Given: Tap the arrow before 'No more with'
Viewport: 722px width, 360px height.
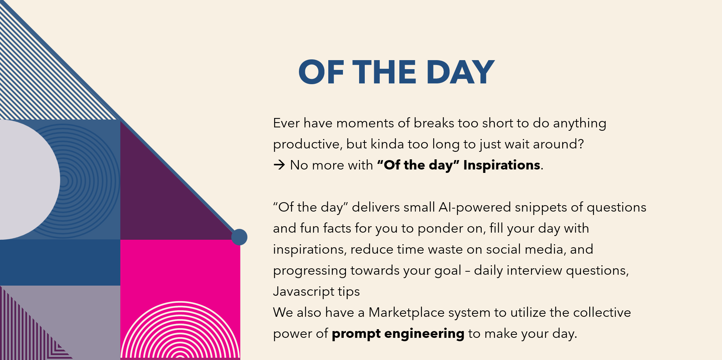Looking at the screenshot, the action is [x=279, y=165].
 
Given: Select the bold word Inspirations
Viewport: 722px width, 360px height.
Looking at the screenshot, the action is [x=502, y=165].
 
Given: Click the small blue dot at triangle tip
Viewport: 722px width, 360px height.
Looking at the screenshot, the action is [x=239, y=237].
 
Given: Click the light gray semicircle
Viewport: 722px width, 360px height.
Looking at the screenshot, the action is [x=26, y=180].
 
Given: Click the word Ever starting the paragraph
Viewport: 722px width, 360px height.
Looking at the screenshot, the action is [x=287, y=123].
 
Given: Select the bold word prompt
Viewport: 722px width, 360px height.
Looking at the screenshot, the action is [x=356, y=334].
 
